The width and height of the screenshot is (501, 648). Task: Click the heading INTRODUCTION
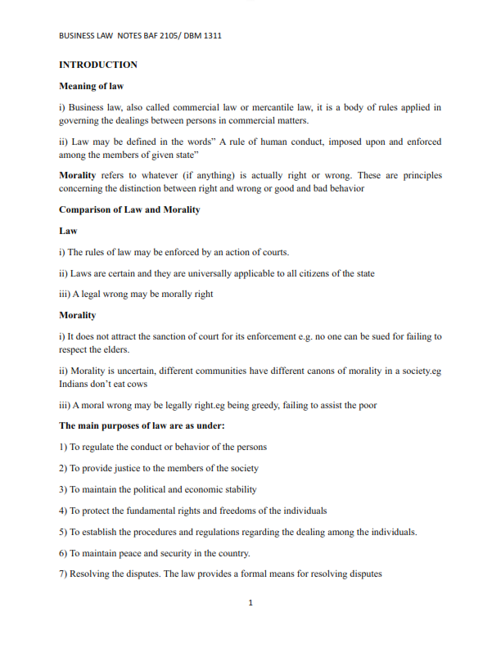98,65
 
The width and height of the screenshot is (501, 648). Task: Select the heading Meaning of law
90,86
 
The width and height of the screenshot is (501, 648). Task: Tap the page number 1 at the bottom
250,604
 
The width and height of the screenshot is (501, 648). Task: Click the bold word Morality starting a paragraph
78,175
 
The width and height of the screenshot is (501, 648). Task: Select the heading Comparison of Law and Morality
129,209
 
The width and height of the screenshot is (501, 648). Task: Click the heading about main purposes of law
142,426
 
